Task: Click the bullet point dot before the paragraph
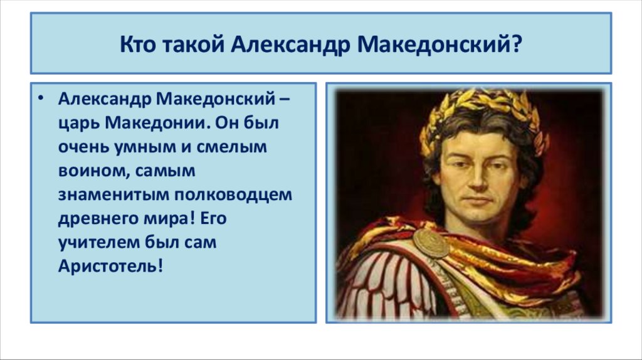[x=41, y=99]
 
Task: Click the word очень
[x=83, y=147]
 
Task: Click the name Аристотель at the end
[x=110, y=266]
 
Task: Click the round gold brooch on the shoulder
[x=431, y=243]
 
